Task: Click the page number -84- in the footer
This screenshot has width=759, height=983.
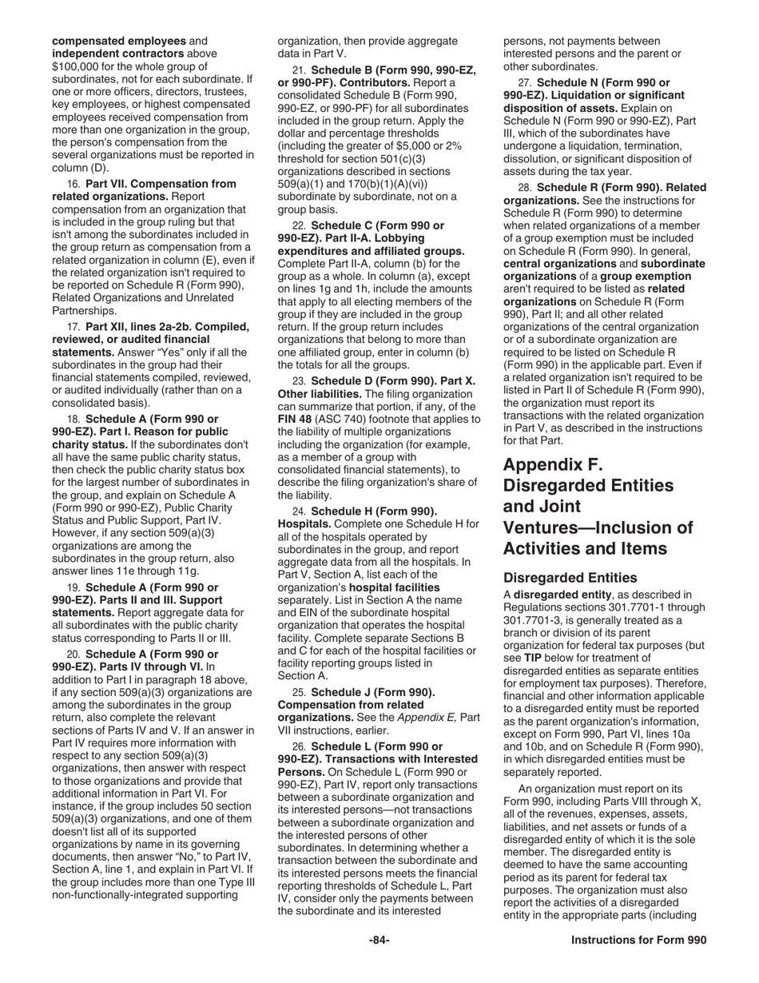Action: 379,941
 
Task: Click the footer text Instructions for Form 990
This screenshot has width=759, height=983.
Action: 638,941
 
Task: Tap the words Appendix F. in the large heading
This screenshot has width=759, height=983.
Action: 553,464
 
